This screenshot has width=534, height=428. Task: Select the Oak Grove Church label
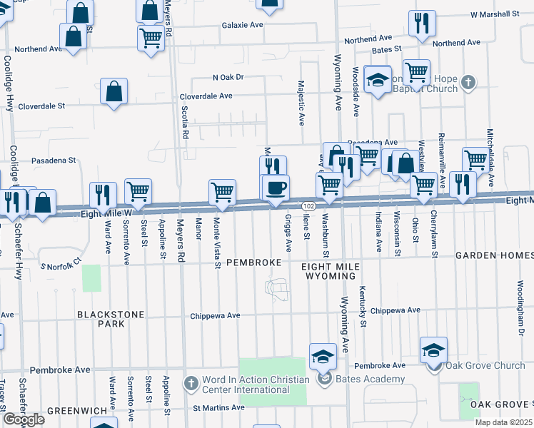point(485,366)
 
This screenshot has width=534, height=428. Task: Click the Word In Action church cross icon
point(191,384)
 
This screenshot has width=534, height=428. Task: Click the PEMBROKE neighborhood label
point(254,263)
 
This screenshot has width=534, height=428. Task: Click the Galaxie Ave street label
point(243,25)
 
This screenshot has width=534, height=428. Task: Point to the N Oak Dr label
point(228,77)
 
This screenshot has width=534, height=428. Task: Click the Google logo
point(24,420)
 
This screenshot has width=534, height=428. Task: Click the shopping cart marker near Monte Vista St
point(222,191)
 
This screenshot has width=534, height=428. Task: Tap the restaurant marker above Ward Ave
point(103,194)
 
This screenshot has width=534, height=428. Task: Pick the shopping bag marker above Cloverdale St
point(114,91)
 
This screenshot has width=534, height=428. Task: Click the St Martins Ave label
point(218,408)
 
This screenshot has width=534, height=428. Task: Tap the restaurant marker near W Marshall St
point(422,22)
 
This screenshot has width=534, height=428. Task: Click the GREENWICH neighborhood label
point(76,411)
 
